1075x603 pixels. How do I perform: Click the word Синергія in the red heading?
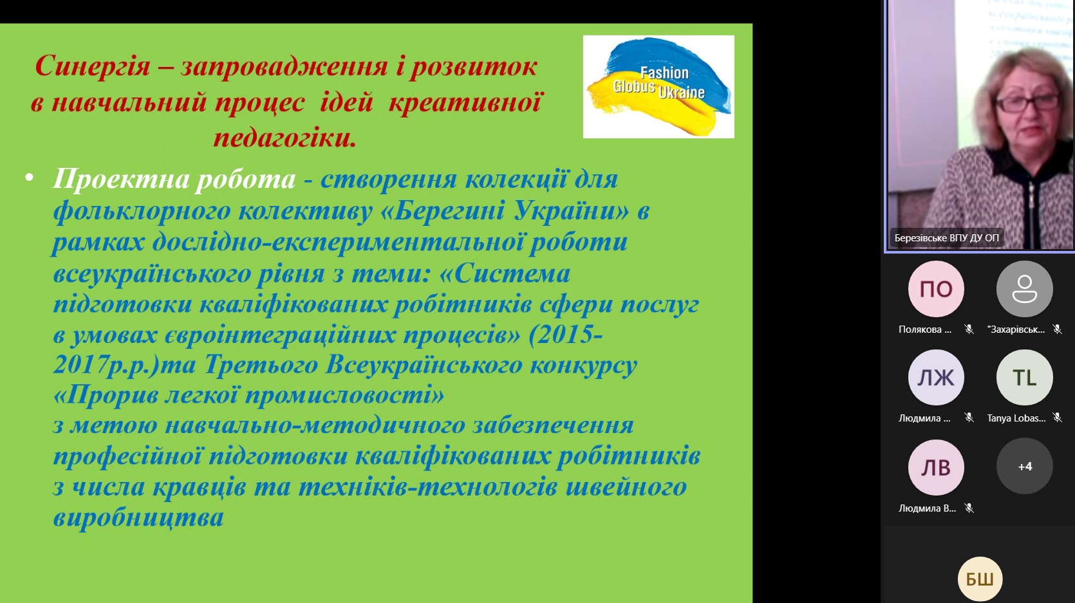point(93,66)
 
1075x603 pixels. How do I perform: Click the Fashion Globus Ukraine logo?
point(659,86)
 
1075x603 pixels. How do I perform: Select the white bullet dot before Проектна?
point(29,178)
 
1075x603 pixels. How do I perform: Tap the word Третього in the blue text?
point(261,365)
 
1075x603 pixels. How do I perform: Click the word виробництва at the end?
point(138,517)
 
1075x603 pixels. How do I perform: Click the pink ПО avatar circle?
point(936,289)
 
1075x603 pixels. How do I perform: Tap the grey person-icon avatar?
point(1025,289)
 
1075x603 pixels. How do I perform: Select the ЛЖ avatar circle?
point(936,378)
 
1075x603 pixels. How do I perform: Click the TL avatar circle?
point(1025,378)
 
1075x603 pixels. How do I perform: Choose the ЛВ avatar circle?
point(936,467)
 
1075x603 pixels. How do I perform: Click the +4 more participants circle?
point(1025,467)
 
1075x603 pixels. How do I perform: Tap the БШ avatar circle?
point(980,579)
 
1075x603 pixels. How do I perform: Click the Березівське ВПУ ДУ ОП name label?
point(947,238)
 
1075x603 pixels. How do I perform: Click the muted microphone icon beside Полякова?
point(969,329)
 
